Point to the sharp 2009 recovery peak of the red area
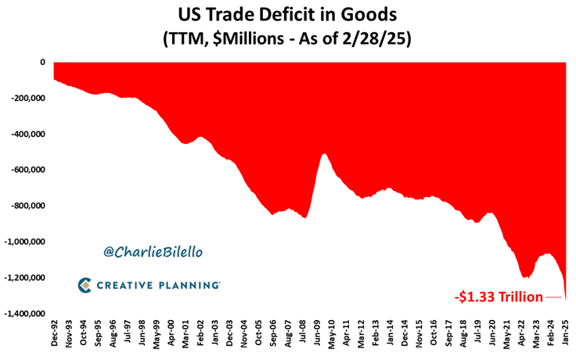coord(324,154)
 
